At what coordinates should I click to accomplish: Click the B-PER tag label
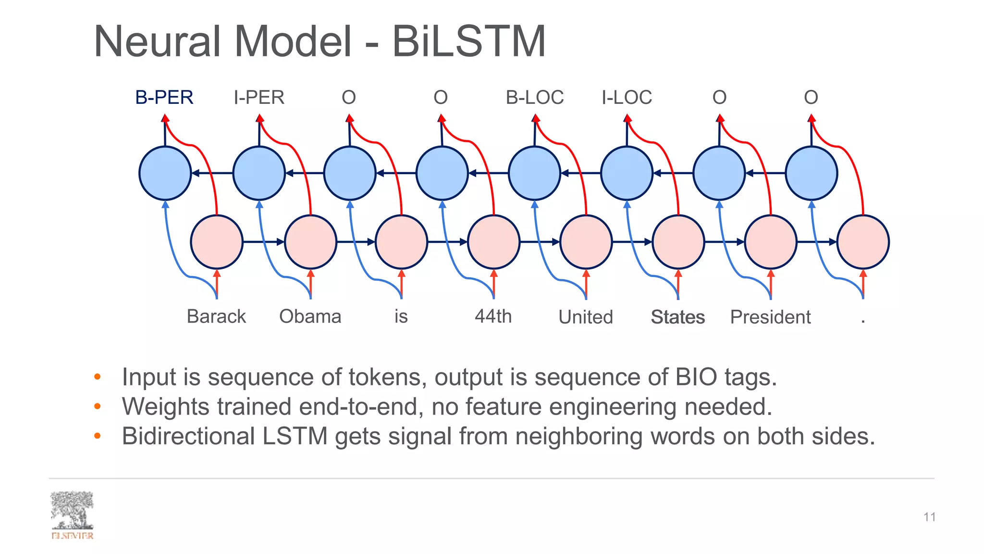coord(164,98)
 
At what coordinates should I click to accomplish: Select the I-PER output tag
coord(259,98)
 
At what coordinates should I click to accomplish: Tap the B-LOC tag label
coord(534,98)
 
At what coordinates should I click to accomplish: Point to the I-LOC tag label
coord(627,98)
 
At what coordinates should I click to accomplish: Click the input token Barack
coord(216,316)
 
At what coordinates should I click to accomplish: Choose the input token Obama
coord(310,316)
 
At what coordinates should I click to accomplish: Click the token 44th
coord(493,316)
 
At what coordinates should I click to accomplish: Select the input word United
coord(586,317)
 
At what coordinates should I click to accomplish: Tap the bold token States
coord(677,317)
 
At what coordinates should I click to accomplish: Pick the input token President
coord(770,317)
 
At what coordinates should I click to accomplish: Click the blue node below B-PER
coord(165,173)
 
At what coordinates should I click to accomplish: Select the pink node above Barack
coord(217,242)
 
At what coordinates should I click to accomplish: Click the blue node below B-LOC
coord(534,173)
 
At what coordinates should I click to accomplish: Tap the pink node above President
coord(771,242)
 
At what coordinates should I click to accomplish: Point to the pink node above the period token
coord(863,242)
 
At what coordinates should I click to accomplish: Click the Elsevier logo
coord(72,515)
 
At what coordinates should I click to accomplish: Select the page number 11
coord(929,517)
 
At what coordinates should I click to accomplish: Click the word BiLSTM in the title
coord(469,41)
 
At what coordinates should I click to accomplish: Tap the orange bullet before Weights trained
coord(98,407)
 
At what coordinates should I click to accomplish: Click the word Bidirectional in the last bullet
coord(188,436)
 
